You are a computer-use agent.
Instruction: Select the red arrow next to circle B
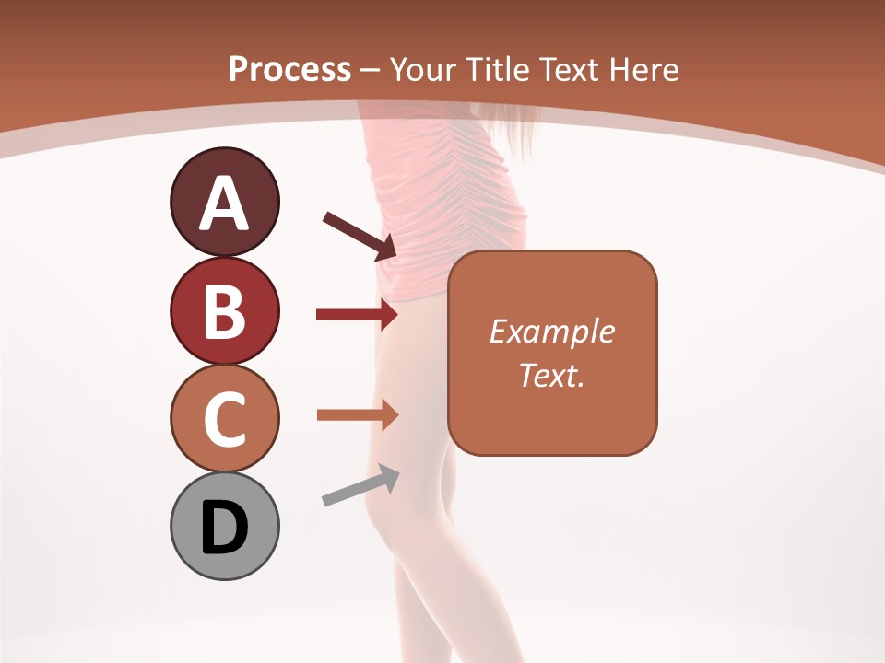click(x=357, y=315)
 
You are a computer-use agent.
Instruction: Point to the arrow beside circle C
click(x=357, y=414)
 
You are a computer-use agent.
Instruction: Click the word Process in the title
click(x=289, y=69)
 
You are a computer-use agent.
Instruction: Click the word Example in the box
click(x=551, y=331)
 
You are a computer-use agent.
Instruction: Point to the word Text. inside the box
click(x=551, y=375)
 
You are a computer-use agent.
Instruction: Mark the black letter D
click(x=224, y=528)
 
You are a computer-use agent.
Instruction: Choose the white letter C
click(x=224, y=419)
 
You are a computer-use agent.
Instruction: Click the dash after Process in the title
click(x=370, y=69)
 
